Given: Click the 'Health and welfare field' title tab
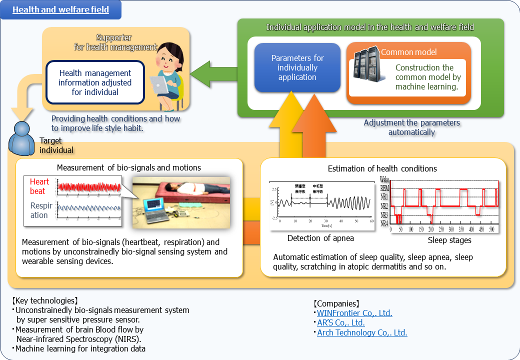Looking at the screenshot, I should click(x=60, y=9).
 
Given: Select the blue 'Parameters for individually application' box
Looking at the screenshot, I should click(x=297, y=67).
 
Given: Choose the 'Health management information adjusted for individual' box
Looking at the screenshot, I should click(x=95, y=82).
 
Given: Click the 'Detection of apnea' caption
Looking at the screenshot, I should click(x=320, y=238).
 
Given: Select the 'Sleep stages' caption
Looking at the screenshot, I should click(x=449, y=240).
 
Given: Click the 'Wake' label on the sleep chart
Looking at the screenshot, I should click(x=384, y=179).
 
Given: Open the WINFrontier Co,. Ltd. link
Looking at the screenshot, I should click(x=354, y=313).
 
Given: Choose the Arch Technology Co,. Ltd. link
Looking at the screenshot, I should click(x=362, y=332).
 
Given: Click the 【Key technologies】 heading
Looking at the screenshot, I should click(x=44, y=301).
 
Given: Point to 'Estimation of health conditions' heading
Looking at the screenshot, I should click(x=382, y=168).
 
